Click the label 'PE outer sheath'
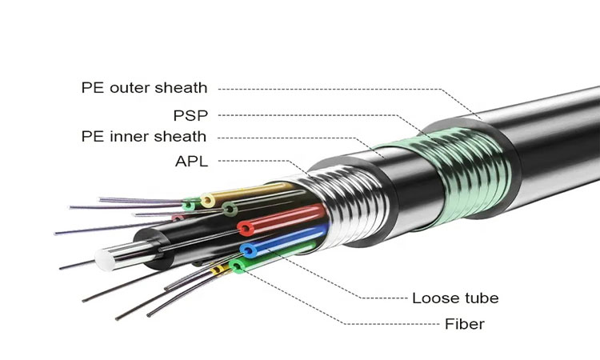144,88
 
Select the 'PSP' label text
191,115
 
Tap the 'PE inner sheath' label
144,137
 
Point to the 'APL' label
191,162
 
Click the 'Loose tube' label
455,298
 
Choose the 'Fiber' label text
465,324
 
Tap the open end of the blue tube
248,250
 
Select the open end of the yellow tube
207,200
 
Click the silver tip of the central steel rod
106,258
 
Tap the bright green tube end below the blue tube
237,265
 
